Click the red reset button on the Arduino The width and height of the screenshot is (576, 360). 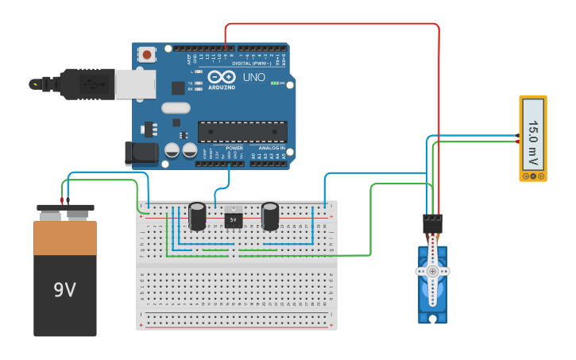[147, 55]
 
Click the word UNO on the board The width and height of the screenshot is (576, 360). [253, 77]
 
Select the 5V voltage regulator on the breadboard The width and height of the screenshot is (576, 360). [233, 217]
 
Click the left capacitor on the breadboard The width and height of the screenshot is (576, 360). [197, 216]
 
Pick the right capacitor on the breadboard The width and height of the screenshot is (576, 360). [270, 216]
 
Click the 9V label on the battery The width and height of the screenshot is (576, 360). [64, 290]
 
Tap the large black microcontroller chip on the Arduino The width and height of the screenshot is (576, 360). [242, 131]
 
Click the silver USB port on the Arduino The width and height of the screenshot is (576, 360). [134, 83]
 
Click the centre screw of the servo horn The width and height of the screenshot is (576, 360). [432, 271]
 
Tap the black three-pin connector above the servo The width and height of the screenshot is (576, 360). [432, 223]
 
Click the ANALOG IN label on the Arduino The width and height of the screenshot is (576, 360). [270, 148]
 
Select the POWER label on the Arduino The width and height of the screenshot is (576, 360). [234, 148]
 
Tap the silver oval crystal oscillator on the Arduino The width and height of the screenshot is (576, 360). [176, 108]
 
